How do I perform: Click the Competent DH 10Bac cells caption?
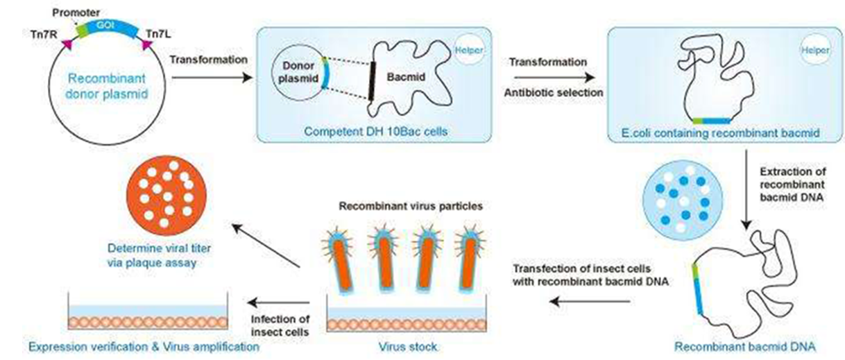375,129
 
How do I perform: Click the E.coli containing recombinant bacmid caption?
722,129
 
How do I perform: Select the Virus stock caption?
394,344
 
